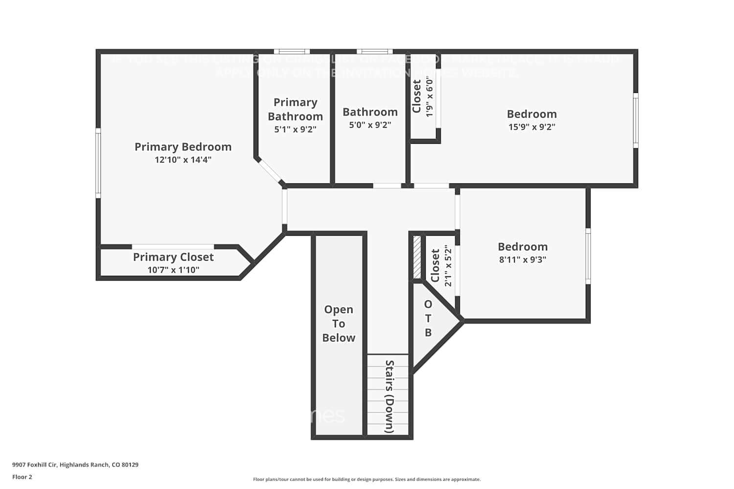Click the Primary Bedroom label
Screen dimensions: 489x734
183,147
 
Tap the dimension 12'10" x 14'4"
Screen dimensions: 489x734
183,160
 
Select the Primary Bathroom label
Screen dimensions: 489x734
295,109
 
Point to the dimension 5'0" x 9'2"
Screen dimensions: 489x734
370,125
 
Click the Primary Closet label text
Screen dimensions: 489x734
173,257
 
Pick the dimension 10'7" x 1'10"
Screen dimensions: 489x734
173,270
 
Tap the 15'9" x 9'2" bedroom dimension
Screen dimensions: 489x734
531,127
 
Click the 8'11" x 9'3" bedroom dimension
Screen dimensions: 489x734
523,260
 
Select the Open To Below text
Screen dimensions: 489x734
339,324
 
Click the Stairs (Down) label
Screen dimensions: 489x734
390,397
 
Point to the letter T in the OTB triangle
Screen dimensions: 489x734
428,318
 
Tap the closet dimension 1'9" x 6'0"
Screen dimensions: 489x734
430,96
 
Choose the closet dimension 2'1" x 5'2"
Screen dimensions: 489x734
448,266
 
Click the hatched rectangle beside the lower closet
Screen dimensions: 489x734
417,257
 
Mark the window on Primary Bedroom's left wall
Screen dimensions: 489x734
98,163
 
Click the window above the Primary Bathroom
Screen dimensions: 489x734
292,52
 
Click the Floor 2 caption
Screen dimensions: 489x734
22,477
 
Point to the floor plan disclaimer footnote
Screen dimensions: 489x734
367,480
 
